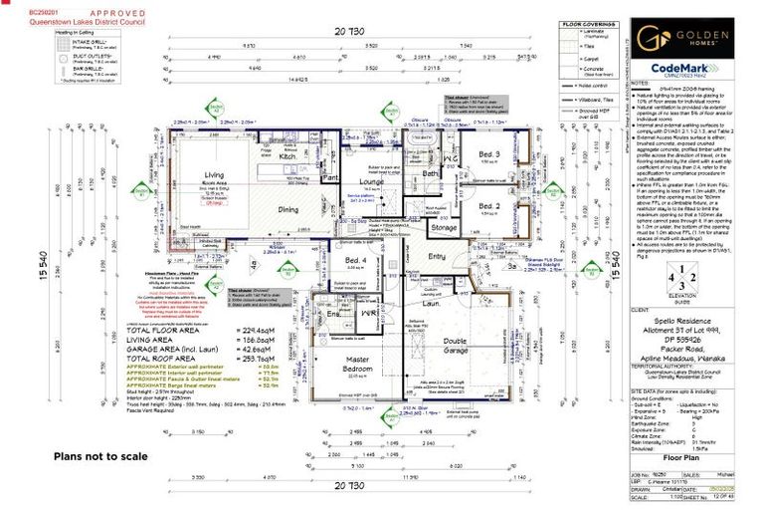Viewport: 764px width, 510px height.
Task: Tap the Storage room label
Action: click(x=444, y=227)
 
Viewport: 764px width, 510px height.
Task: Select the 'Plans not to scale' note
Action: click(x=95, y=455)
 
